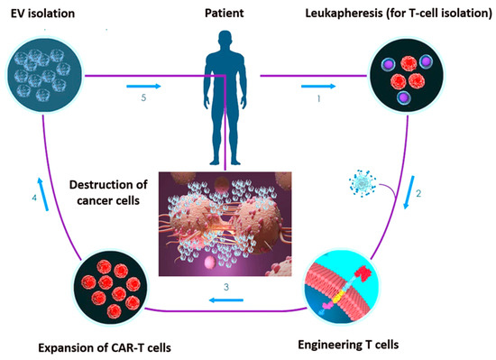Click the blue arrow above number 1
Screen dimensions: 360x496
322,86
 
